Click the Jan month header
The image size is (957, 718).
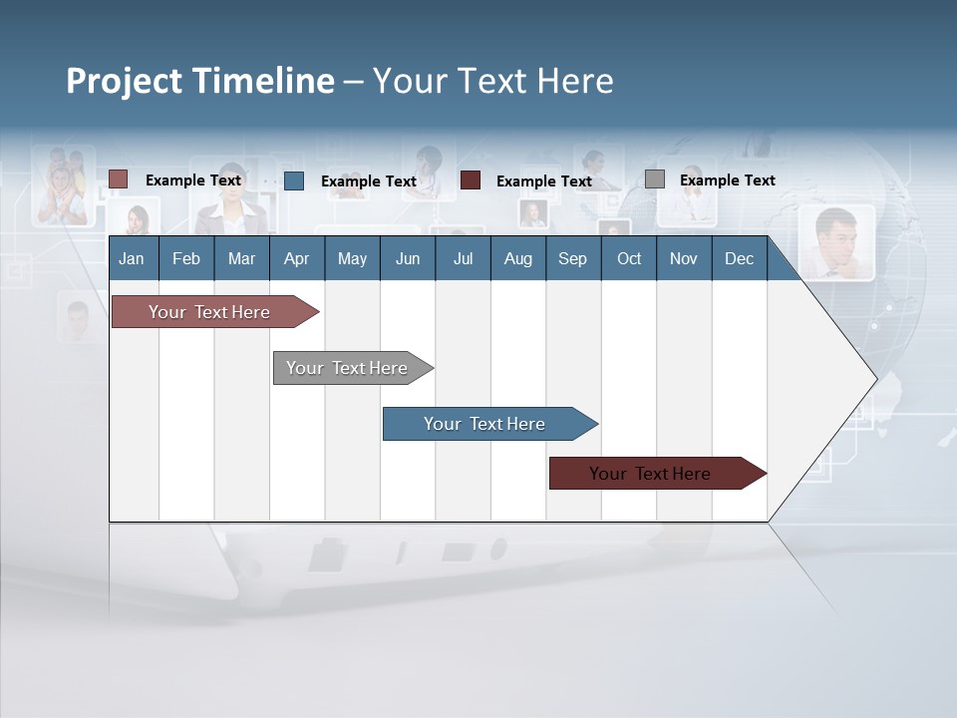coord(133,258)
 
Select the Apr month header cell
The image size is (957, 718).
coord(296,258)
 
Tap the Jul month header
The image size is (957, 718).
coord(463,258)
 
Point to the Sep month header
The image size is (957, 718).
coord(572,258)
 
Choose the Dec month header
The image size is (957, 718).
coord(739,258)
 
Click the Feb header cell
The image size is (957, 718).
coord(186,258)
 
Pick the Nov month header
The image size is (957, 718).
coord(684,258)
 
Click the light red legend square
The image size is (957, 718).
coord(119,179)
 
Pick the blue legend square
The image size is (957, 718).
coord(294,180)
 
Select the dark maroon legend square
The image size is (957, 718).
coord(471,180)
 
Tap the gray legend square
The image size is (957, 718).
coord(655,179)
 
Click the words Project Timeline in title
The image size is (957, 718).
coord(200,80)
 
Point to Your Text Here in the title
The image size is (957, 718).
coord(492,80)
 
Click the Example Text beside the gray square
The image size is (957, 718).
coord(727,180)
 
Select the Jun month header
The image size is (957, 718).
coord(408,258)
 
